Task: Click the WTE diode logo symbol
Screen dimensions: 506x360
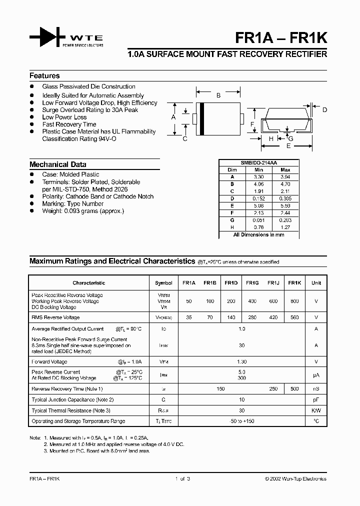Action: point(46,38)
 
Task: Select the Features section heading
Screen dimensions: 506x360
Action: point(44,76)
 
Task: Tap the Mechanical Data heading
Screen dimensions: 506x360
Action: point(57,164)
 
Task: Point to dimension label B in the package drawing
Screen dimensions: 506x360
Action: point(218,95)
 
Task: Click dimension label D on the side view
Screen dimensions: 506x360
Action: point(324,110)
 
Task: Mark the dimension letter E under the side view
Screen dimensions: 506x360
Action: point(288,146)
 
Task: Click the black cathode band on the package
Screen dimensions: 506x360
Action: point(201,118)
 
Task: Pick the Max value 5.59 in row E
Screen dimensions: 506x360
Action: point(285,205)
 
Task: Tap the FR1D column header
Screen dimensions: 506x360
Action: point(231,283)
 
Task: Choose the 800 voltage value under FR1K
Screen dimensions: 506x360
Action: point(294,301)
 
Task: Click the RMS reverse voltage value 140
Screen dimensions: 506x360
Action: point(231,317)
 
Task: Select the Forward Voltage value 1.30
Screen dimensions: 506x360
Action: point(242,361)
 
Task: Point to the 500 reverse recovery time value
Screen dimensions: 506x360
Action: point(294,388)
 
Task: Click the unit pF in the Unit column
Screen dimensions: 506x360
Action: point(316,399)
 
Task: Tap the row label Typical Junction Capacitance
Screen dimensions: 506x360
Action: point(73,399)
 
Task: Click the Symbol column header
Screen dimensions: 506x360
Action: point(163,283)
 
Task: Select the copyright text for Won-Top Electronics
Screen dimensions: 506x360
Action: point(295,478)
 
